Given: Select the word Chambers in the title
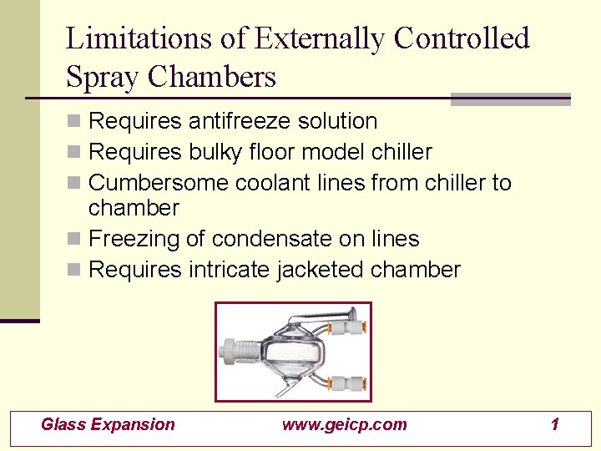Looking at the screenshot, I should coord(212,77).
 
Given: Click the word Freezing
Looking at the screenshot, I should coord(134,239).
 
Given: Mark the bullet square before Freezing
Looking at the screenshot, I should coord(74,240).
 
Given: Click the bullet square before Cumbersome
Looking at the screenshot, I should coord(74,184).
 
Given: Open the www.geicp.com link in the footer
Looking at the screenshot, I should coord(345,424).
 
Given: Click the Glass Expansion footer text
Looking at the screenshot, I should coord(109,424).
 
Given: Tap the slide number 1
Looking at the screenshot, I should coord(554,424).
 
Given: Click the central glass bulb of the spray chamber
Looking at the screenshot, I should coord(288,352).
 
